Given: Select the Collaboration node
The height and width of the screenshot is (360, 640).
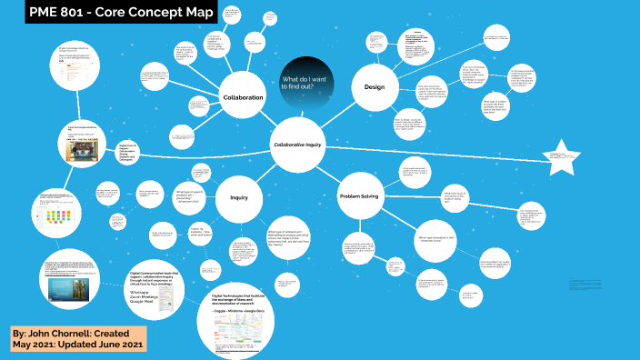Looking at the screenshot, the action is [243, 97].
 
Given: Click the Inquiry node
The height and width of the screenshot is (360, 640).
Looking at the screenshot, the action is [239, 197].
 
